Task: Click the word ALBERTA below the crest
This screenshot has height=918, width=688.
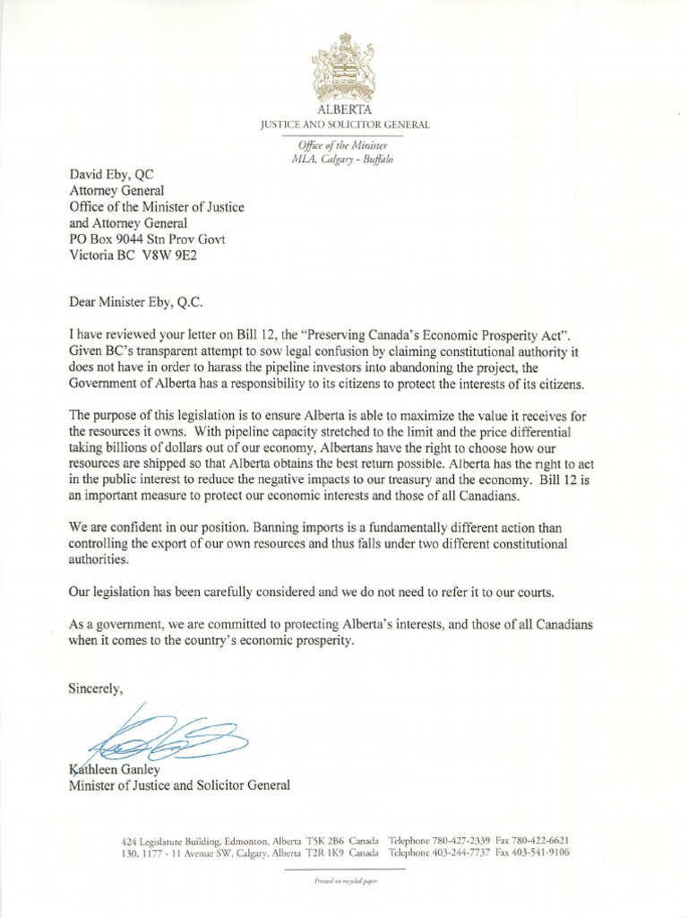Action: coord(344,108)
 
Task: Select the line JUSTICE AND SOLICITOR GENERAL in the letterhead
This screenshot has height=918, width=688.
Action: coord(344,124)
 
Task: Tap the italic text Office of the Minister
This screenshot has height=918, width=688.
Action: coord(344,145)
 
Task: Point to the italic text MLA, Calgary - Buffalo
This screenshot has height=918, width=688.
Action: coord(344,159)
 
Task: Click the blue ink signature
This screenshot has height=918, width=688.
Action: coord(166,735)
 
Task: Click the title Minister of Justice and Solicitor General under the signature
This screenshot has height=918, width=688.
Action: coord(180,785)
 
